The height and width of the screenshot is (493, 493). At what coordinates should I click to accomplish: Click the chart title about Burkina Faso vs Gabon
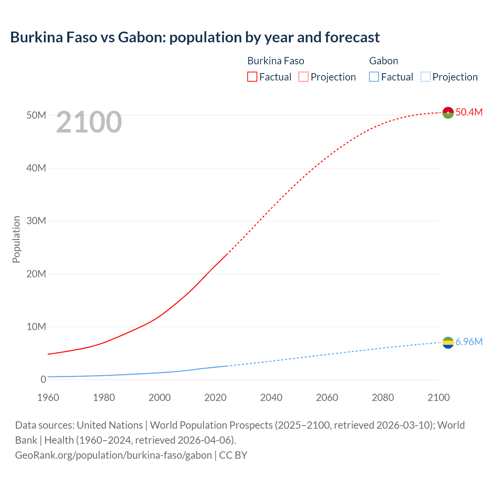pyautogui.click(x=195, y=37)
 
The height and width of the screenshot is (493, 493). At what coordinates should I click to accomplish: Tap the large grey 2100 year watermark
pyautogui.click(x=89, y=122)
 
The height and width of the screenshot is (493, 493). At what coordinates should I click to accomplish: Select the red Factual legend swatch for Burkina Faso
pyautogui.click(x=252, y=77)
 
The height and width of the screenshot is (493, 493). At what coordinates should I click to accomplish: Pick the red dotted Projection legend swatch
pyautogui.click(x=304, y=77)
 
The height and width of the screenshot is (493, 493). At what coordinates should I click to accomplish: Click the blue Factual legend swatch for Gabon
pyautogui.click(x=374, y=77)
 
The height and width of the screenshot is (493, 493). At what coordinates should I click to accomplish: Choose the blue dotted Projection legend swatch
pyautogui.click(x=426, y=77)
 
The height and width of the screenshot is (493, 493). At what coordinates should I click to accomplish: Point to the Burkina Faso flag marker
pyautogui.click(x=448, y=112)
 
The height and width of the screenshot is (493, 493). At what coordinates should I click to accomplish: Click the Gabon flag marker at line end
pyautogui.click(x=448, y=342)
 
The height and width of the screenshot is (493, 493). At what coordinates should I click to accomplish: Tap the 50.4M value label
pyautogui.click(x=469, y=112)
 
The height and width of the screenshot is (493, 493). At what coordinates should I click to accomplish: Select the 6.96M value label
pyautogui.click(x=469, y=342)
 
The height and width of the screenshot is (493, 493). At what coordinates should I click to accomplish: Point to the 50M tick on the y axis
pyautogui.click(x=36, y=115)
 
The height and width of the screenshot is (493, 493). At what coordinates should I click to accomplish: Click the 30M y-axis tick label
pyautogui.click(x=36, y=221)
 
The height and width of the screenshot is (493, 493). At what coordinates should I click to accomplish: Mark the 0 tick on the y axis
pyautogui.click(x=43, y=379)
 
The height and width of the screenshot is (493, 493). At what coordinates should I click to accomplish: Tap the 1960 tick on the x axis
pyautogui.click(x=48, y=397)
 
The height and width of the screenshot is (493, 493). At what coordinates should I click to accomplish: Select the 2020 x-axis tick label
pyautogui.click(x=215, y=397)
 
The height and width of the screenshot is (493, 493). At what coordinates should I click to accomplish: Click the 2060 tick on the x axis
pyautogui.click(x=327, y=397)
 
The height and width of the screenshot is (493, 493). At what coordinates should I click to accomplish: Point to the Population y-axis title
pyautogui.click(x=16, y=239)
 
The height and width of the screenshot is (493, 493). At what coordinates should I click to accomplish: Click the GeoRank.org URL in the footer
pyautogui.click(x=113, y=455)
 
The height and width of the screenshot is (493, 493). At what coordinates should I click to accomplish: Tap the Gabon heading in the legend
pyautogui.click(x=384, y=61)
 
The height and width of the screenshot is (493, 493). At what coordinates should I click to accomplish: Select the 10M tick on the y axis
pyautogui.click(x=36, y=327)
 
